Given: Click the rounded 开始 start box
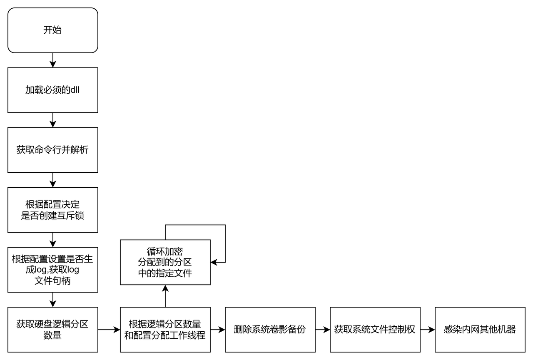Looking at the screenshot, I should (52, 30).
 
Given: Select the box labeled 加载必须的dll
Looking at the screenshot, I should (52, 90).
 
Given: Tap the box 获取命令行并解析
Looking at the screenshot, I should (52, 150).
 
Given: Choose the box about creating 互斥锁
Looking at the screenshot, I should (52, 210).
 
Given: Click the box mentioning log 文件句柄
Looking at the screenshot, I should (52, 270).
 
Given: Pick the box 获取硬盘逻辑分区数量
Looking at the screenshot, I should (52, 330).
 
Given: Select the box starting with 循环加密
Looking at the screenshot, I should (165, 262).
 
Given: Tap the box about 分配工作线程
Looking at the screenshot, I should (165, 330).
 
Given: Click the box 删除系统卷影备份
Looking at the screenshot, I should (270, 330).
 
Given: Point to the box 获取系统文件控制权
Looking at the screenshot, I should (375, 330).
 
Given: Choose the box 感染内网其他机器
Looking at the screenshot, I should (480, 330).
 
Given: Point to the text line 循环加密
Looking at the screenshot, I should (165, 251).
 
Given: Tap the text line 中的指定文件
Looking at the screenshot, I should (165, 273).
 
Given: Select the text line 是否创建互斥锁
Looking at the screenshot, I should (52, 216).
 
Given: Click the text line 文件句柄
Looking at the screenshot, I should (52, 281).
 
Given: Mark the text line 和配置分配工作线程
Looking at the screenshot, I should (165, 335).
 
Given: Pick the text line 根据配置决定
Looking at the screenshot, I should (52, 204).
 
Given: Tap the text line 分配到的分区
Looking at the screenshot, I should (165, 262).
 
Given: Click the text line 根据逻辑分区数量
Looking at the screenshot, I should (165, 324).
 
